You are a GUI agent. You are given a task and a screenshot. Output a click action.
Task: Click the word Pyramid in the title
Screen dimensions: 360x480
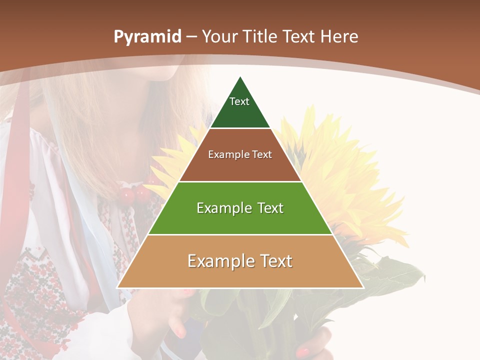click(147, 37)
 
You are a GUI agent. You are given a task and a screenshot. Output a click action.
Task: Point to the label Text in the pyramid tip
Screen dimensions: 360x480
click(239, 101)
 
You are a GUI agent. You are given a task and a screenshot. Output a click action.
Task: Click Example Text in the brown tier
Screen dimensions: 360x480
click(240, 154)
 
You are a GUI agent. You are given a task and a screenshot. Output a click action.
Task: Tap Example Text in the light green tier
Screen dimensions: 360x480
click(240, 208)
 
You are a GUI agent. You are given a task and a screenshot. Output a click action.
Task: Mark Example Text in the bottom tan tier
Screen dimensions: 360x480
click(240, 261)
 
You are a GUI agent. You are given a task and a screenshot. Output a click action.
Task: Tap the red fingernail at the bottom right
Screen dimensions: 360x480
click(303, 351)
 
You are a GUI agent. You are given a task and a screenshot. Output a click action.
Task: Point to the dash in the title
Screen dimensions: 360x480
click(191, 37)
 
